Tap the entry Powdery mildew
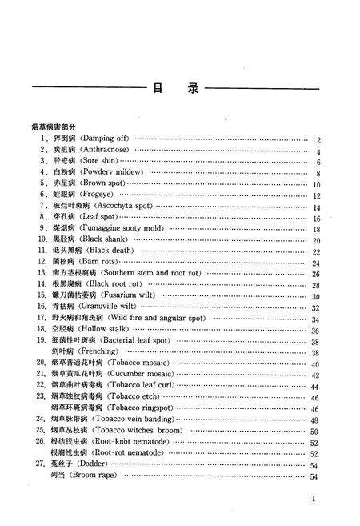(99, 172)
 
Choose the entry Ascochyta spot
(106, 206)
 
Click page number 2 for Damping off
(318, 140)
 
